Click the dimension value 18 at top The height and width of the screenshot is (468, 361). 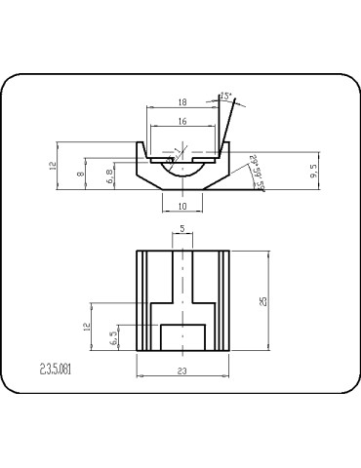[x=182, y=101]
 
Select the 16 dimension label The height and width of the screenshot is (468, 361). [x=182, y=121]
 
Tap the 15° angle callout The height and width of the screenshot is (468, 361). [x=226, y=97]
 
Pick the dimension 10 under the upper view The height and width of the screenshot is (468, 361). [x=182, y=206]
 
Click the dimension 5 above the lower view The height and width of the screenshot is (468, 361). [x=182, y=229]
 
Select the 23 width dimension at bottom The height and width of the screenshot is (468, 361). [x=182, y=370]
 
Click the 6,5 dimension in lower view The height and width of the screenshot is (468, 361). [x=114, y=336]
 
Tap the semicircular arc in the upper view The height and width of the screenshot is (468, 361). [x=182, y=175]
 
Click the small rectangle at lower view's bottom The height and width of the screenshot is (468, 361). [x=182, y=336]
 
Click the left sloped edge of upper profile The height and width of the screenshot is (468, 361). [x=146, y=177]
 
